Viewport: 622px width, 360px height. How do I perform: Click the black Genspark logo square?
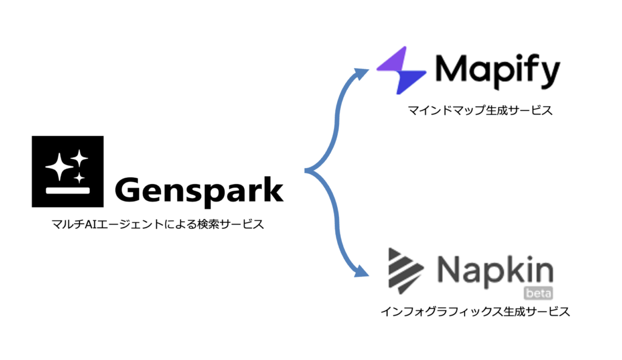point(68,171)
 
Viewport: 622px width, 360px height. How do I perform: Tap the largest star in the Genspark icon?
point(59,166)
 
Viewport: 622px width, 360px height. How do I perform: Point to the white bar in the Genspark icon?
point(68,190)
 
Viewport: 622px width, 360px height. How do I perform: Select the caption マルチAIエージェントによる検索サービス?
point(158,225)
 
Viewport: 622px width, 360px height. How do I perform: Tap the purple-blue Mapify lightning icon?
point(401,70)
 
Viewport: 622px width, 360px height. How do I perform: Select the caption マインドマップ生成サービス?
point(480,110)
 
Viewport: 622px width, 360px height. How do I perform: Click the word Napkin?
point(495,271)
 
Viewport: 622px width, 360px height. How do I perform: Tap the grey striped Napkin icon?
point(405,271)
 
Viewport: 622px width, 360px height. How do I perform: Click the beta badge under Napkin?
point(538,293)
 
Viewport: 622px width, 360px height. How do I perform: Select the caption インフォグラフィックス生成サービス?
point(475,311)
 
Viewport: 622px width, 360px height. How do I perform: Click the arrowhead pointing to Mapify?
point(361,73)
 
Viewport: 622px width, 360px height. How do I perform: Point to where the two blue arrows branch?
point(306,171)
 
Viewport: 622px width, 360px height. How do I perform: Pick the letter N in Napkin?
point(449,268)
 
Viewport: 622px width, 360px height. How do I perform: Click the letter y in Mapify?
point(549,75)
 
